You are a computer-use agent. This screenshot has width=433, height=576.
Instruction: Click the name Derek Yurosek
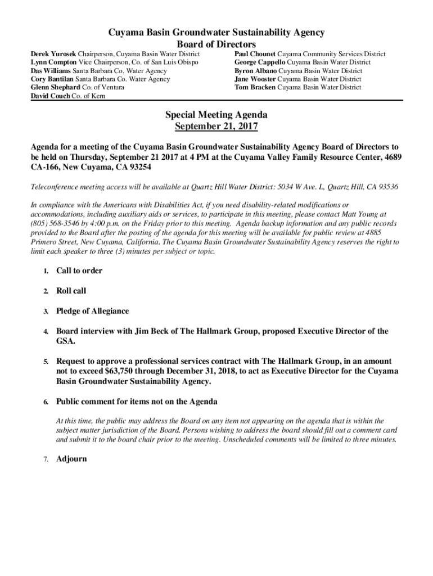pos(53,54)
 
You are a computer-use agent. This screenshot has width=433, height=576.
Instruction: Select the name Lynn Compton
pos(53,62)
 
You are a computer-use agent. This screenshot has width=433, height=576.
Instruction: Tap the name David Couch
pos(50,96)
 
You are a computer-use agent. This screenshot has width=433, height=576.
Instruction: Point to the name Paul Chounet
pos(255,54)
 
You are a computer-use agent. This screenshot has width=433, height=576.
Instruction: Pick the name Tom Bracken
pos(255,88)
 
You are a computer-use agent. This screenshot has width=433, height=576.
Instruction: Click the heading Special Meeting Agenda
pos(216,115)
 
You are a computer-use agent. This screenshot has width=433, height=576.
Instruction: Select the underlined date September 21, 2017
pos(216,127)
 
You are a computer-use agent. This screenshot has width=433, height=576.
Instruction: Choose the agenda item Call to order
pos(79,271)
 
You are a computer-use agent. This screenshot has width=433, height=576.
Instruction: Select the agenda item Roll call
pos(71,291)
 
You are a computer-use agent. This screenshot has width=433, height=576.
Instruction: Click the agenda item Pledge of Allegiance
pos(92,311)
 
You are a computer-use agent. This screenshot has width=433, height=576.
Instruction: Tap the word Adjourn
pos(71,459)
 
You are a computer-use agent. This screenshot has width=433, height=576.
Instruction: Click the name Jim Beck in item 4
pos(150,331)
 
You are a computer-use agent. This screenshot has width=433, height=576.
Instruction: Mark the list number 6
pos(45,402)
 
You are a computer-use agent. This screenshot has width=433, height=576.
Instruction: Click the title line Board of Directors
pos(216,44)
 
